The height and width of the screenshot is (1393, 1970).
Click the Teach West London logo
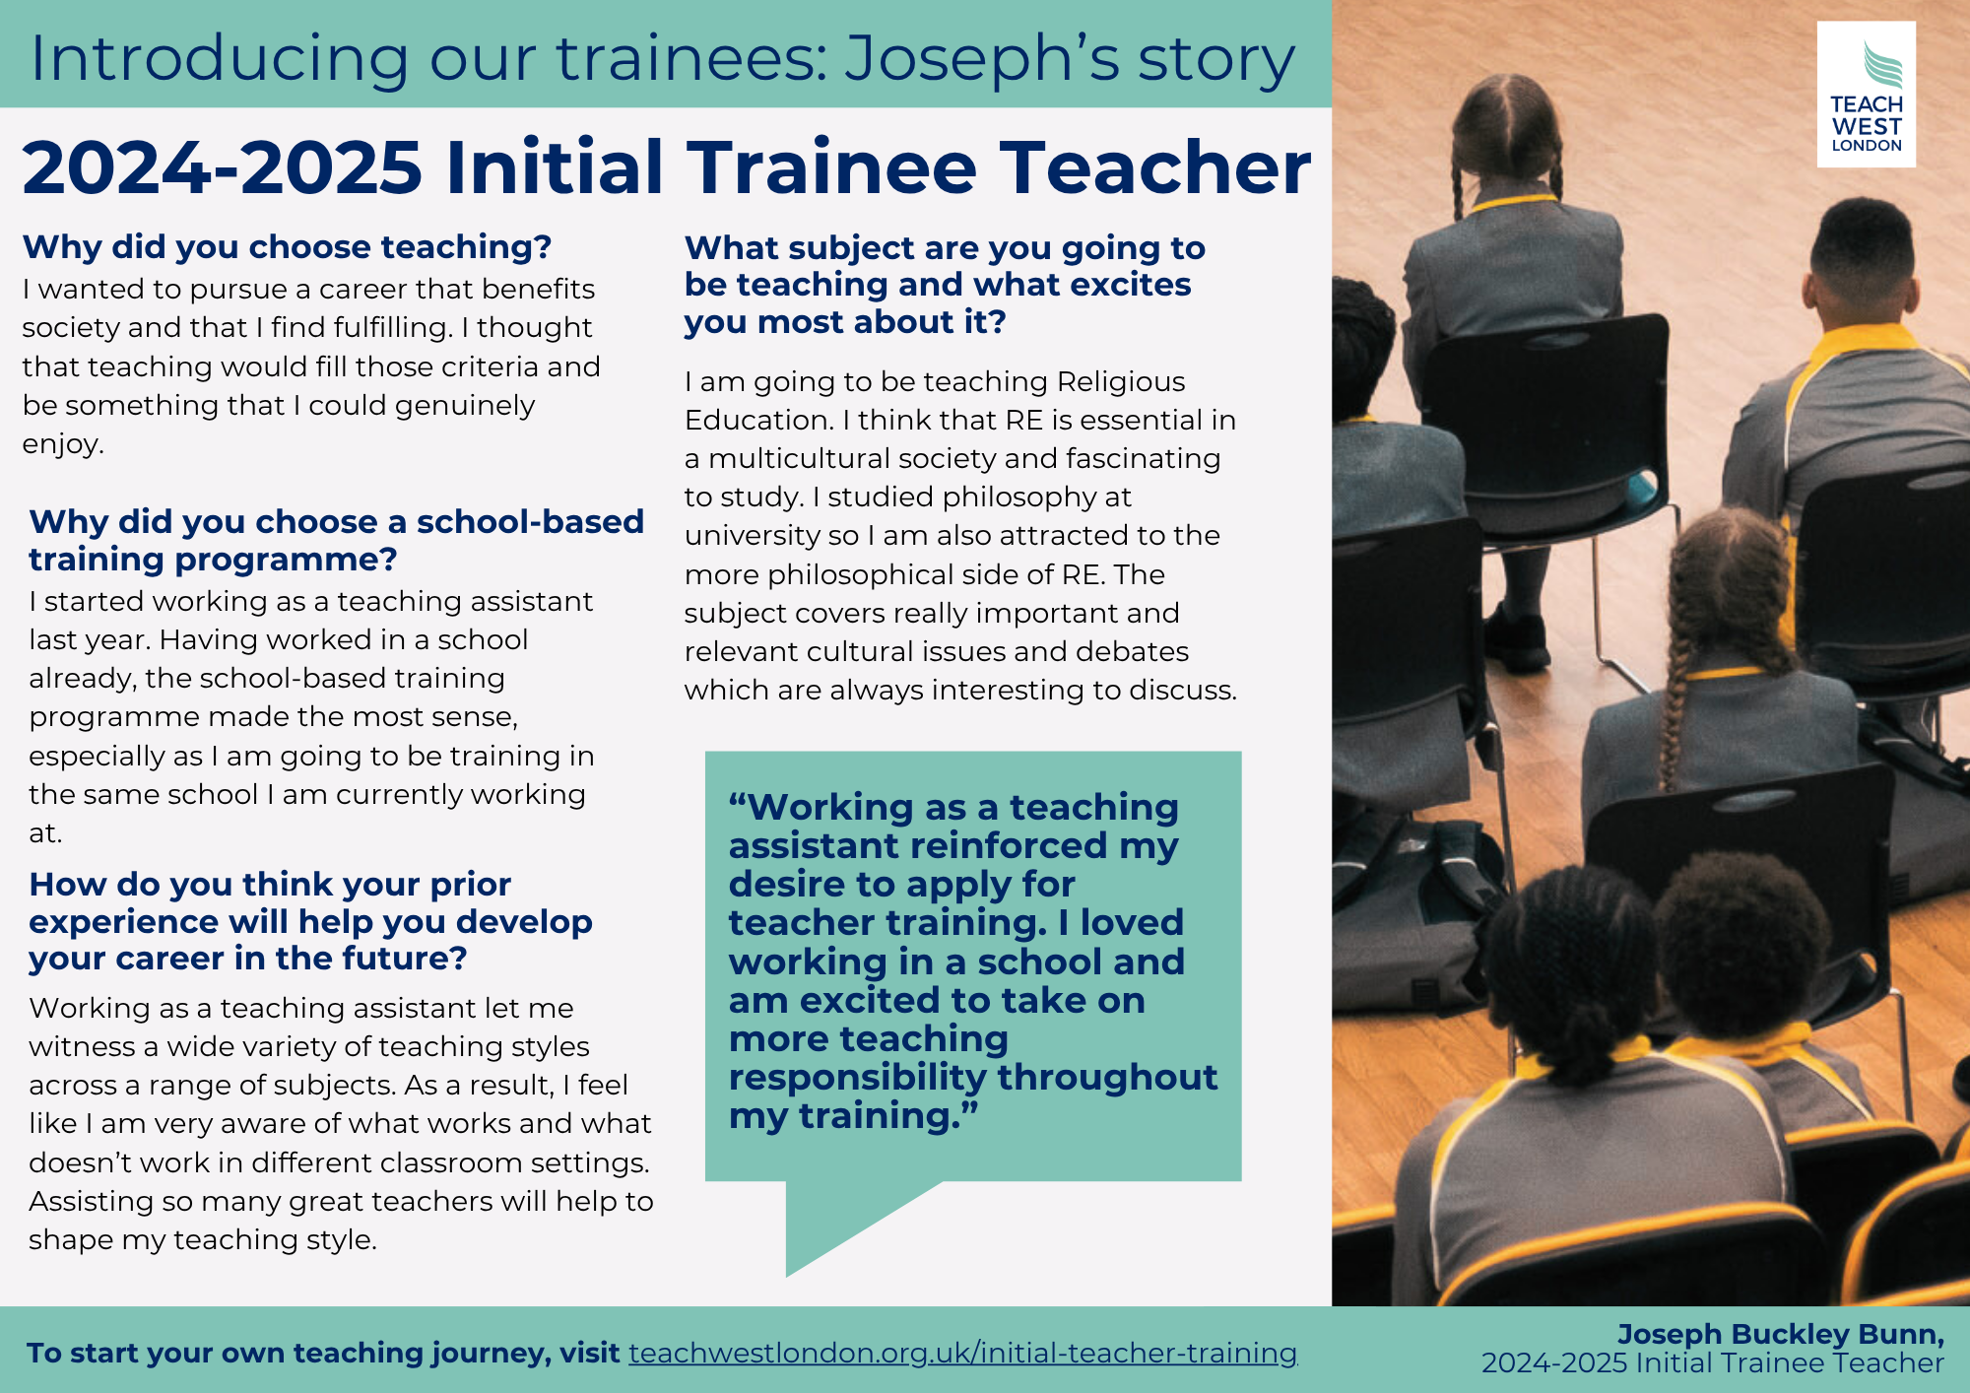[x=1866, y=95]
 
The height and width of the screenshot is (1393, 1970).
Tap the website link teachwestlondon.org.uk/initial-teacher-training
[x=963, y=1353]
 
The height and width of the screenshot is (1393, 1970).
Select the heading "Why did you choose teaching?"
[x=287, y=246]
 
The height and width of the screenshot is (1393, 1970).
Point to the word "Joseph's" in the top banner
[x=982, y=59]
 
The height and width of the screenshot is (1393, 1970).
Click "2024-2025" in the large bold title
[x=223, y=167]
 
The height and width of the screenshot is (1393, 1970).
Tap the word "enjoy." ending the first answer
[x=63, y=444]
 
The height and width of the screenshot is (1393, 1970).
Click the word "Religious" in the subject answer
[x=1121, y=382]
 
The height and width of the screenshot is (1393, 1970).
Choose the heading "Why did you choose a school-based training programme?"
[x=336, y=540]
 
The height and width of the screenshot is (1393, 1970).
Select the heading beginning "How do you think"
[x=310, y=921]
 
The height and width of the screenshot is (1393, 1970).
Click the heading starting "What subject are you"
[x=945, y=285]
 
